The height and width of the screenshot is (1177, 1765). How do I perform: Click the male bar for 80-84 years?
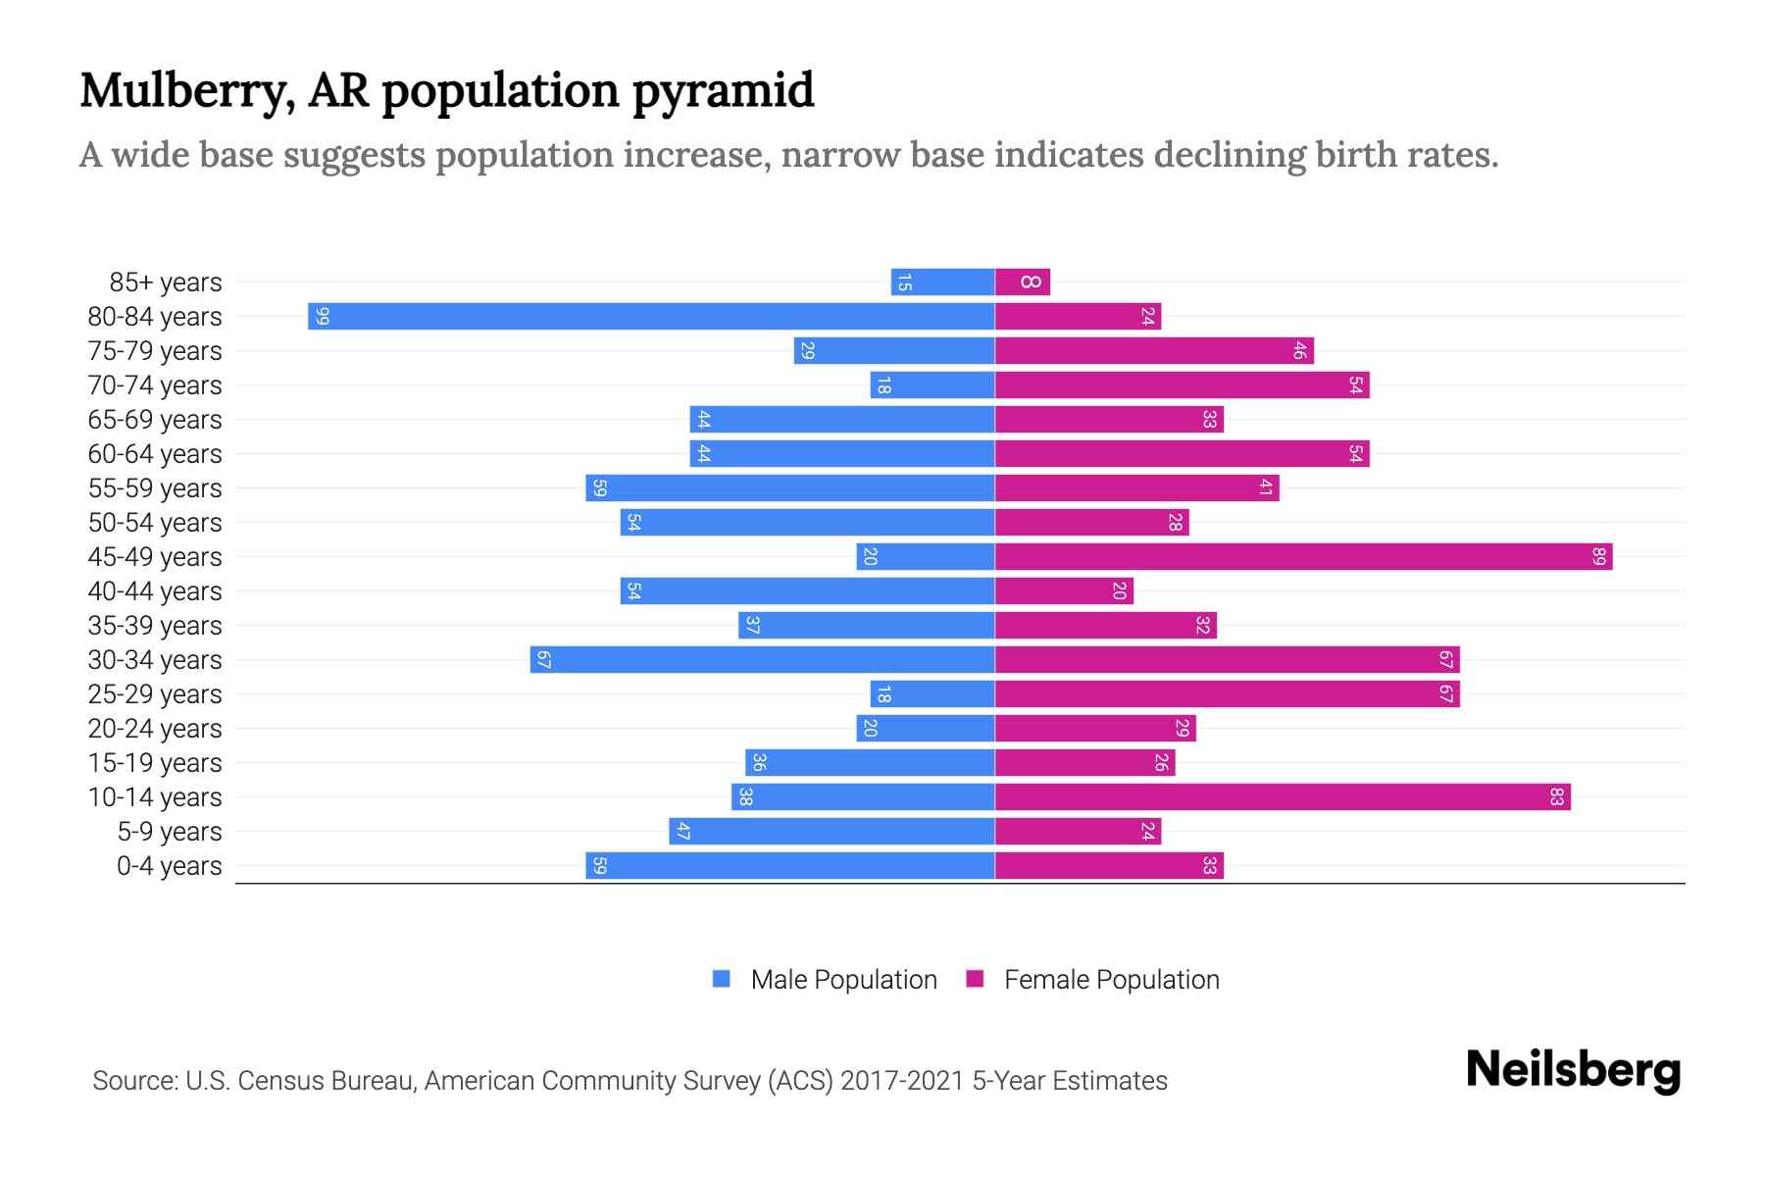pyautogui.click(x=651, y=317)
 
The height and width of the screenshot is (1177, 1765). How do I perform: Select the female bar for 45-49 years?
pyautogui.click(x=1303, y=557)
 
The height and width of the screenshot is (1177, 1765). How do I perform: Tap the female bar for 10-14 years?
pyautogui.click(x=1283, y=797)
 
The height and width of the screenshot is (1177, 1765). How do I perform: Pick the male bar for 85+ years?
pyautogui.click(x=942, y=282)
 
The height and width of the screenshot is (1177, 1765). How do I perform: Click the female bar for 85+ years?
pyautogui.click(x=1023, y=282)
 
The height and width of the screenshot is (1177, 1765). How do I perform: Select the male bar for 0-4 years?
pyautogui.click(x=790, y=866)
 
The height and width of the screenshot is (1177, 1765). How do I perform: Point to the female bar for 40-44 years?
pyautogui.click(x=1064, y=591)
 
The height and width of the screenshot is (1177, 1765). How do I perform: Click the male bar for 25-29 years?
pyautogui.click(x=933, y=694)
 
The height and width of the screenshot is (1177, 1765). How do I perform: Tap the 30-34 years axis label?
pyautogui.click(x=155, y=660)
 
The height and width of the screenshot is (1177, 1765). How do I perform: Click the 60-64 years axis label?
pyautogui.click(x=155, y=454)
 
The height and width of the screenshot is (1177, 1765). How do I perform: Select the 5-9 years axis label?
pyautogui.click(x=170, y=832)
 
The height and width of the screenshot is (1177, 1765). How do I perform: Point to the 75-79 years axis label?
pyautogui.click(x=155, y=351)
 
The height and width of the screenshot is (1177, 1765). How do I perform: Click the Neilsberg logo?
pyautogui.click(x=1573, y=1071)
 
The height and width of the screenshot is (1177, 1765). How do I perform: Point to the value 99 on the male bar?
pyautogui.click(x=323, y=317)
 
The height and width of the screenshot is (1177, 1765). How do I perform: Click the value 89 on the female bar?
pyautogui.click(x=1599, y=557)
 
